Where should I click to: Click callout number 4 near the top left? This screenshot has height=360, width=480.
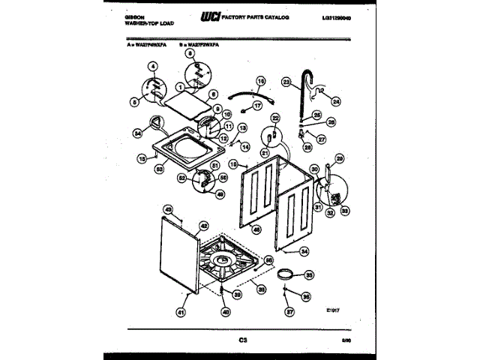pyautogui.click(x=153, y=67)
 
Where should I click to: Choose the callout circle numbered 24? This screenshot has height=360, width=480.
pyautogui.click(x=335, y=101)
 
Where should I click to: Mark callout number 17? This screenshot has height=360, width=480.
pyautogui.click(x=257, y=107)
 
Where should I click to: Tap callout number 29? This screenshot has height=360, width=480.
pyautogui.click(x=338, y=158)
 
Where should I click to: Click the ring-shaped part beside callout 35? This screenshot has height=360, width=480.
pyautogui.click(x=286, y=274)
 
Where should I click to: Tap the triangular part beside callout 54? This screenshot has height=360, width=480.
pyautogui.click(x=156, y=121)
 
